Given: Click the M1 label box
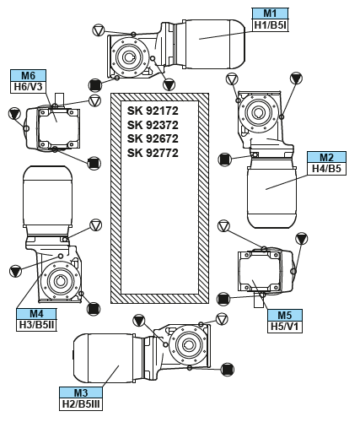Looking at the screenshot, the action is [270, 14].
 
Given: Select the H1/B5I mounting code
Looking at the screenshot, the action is [270, 25].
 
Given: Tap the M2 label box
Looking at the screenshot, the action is [326, 157].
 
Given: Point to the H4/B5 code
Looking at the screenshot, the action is [326, 169].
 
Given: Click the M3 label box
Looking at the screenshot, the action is [81, 392].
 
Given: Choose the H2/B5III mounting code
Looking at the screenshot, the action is [81, 404].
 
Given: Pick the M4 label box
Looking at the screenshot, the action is [36, 314].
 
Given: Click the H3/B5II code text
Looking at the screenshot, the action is [36, 325].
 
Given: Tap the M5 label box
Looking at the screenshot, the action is [285, 315].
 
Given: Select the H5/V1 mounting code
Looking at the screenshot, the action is [285, 327].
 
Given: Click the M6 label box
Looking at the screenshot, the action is [29, 75].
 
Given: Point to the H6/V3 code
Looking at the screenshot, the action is [29, 87].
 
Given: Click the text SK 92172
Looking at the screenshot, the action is [153, 111].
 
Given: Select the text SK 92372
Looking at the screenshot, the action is [153, 125].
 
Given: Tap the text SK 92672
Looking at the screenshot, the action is [153, 138].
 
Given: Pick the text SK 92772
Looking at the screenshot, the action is [153, 153].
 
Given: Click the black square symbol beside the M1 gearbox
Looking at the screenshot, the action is [95, 85].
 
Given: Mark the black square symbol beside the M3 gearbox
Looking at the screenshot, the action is [228, 370].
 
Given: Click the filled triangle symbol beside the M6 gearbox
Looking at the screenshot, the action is [14, 114].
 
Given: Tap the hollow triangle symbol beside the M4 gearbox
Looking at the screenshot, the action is [95, 225].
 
